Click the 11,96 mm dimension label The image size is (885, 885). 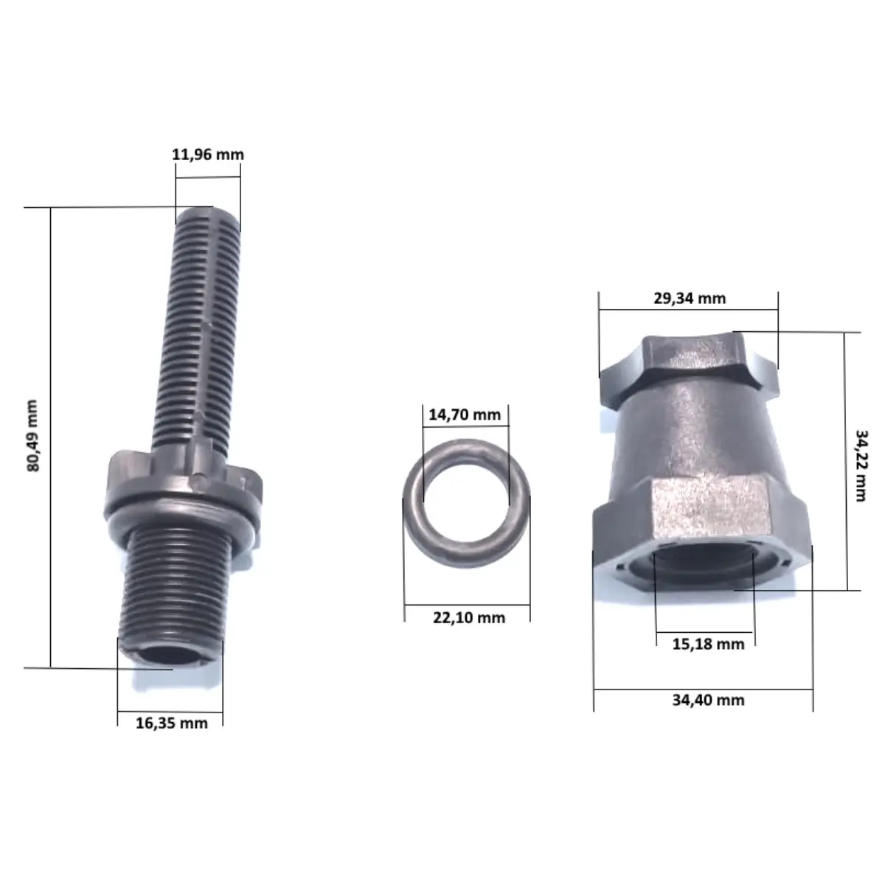tap(208, 155)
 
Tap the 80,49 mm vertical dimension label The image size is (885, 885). tap(33, 436)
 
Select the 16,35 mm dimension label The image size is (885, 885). tap(172, 723)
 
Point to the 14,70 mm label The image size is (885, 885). tap(465, 414)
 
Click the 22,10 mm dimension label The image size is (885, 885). tap(469, 618)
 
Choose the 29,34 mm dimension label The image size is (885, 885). tap(690, 299)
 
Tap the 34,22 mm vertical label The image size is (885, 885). tap(861, 465)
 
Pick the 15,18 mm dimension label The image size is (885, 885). tap(708, 645)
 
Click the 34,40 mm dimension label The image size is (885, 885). tap(708, 701)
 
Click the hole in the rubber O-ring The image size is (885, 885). tap(465, 500)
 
